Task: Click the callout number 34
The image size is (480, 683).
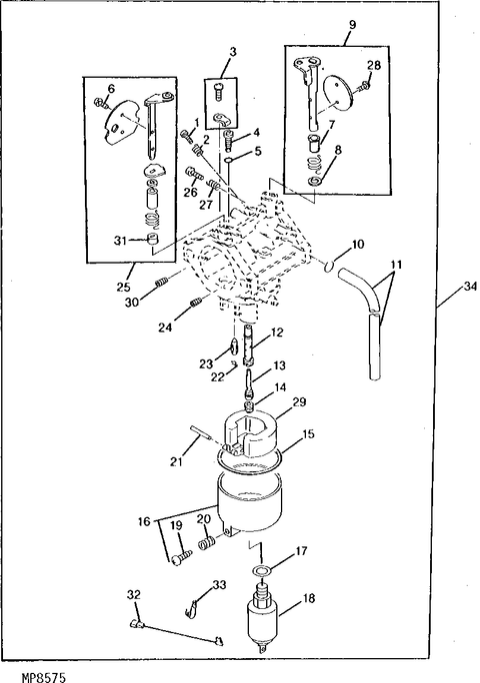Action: (x=470, y=287)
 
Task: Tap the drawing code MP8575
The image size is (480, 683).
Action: (x=44, y=677)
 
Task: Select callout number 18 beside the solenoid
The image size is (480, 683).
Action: (x=309, y=598)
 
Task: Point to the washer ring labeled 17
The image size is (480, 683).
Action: (x=262, y=570)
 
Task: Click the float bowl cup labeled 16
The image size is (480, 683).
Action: (x=250, y=504)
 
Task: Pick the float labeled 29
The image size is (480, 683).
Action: (x=250, y=435)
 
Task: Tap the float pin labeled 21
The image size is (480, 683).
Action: (x=200, y=432)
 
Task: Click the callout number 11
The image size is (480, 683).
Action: (x=396, y=265)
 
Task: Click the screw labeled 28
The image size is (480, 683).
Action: (x=365, y=86)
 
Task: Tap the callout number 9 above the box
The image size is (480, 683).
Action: (x=352, y=24)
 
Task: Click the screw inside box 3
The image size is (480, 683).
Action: (x=219, y=92)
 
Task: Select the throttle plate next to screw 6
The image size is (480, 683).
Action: (x=123, y=122)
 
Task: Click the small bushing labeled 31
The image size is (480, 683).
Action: (x=152, y=239)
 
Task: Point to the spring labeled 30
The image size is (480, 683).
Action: (x=161, y=283)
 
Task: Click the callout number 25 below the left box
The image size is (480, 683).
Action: (x=123, y=287)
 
